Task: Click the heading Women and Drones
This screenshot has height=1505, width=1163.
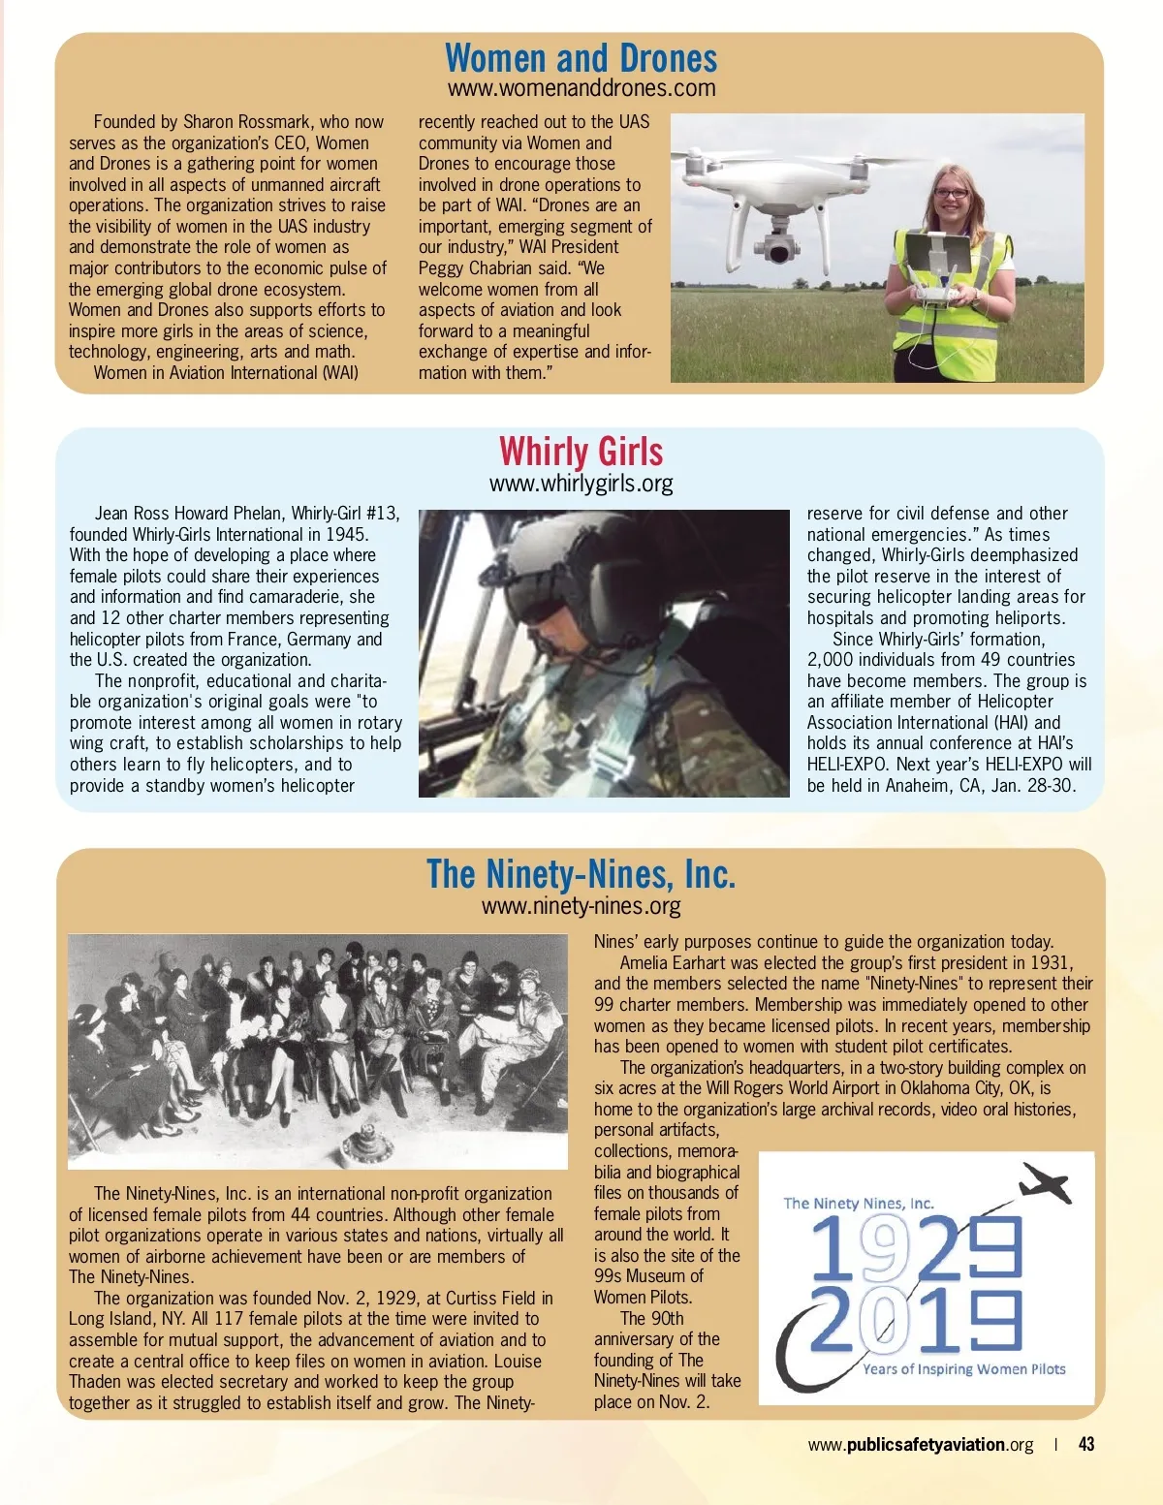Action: click(581, 59)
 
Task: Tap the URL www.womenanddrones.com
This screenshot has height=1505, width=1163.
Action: click(581, 89)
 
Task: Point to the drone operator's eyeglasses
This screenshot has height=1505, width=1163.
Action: click(951, 194)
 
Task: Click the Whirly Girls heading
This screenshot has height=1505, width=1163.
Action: click(581, 453)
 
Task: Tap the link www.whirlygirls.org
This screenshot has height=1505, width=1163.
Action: click(581, 484)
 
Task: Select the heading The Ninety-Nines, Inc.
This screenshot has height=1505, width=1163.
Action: click(581, 874)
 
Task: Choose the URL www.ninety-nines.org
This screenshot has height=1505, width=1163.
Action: click(581, 906)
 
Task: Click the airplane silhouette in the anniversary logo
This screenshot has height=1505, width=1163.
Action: click(1044, 1183)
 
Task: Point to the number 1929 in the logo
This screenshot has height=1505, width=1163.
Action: click(915, 1247)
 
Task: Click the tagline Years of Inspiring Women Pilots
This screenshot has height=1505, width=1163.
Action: click(963, 1369)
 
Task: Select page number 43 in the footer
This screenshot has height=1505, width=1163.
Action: click(1086, 1445)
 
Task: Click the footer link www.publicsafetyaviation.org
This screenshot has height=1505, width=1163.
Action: click(921, 1445)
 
